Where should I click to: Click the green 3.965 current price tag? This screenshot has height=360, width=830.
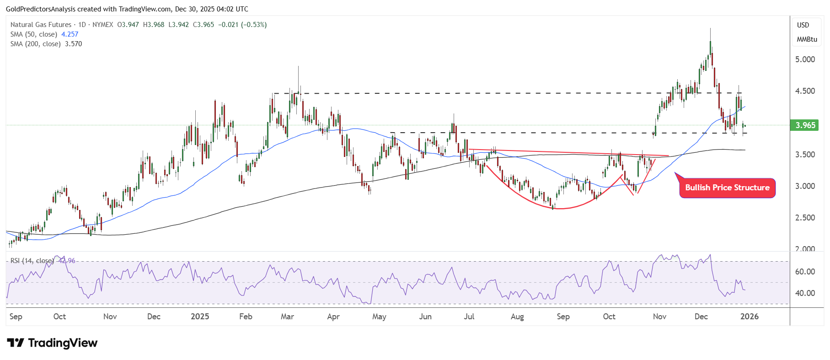[x=805, y=125]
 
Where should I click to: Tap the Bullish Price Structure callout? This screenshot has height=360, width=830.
[x=727, y=188]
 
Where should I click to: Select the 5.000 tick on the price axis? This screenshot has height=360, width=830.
[x=805, y=59]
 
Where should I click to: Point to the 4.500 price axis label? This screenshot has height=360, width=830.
[x=805, y=91]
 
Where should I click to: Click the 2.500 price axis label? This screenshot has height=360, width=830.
[x=805, y=218]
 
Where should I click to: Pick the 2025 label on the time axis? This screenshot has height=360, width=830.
[x=200, y=317]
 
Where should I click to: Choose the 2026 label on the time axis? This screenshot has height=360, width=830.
[x=749, y=317]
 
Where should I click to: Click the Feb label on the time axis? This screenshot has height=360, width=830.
[x=246, y=317]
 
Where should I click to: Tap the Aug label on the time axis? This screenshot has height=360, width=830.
[x=517, y=317]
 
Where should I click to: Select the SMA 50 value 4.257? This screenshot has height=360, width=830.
[x=70, y=34]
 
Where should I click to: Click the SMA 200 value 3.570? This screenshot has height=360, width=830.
[x=73, y=44]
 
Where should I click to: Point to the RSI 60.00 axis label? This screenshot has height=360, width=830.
[x=805, y=272]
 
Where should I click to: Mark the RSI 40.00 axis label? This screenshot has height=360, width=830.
[x=805, y=293]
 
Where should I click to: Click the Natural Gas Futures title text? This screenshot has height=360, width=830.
[x=41, y=25]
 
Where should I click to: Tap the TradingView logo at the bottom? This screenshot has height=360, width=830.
[x=53, y=343]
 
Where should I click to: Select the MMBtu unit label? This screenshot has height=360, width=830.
[x=807, y=39]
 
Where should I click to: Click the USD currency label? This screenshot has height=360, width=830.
[x=803, y=25]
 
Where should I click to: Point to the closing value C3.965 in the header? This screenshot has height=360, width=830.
[x=203, y=25]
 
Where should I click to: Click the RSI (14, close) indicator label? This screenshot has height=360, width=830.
[x=32, y=261]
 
